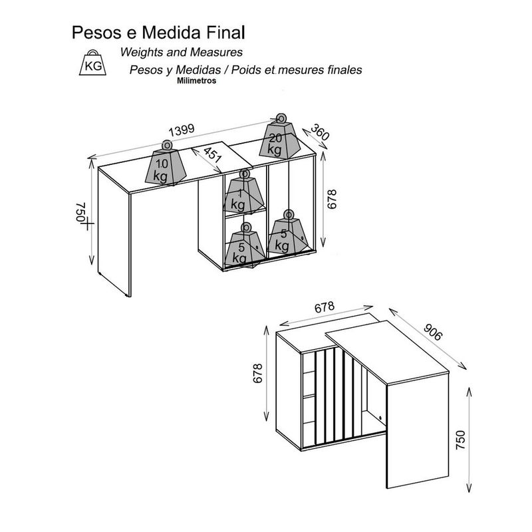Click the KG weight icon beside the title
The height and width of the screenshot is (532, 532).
pyautogui.click(x=92, y=63)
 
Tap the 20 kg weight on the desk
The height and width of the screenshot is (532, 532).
pyautogui.click(x=280, y=136)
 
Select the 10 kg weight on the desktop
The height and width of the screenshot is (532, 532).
pyautogui.click(x=166, y=164)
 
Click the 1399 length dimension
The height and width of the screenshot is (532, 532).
pyautogui.click(x=182, y=130)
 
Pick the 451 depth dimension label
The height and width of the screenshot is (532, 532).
pyautogui.click(x=212, y=154)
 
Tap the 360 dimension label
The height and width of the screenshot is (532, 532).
pyautogui.click(x=320, y=132)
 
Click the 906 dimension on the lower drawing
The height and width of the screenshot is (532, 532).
pyautogui.click(x=433, y=331)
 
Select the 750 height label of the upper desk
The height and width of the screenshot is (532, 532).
pyautogui.click(x=80, y=212)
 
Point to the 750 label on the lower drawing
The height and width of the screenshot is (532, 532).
pyautogui.click(x=460, y=440)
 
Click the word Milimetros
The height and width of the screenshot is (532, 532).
pyautogui.click(x=196, y=80)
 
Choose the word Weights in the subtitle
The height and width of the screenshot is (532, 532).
pyautogui.click(x=142, y=53)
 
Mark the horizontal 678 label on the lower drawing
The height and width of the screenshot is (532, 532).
pyautogui.click(x=325, y=307)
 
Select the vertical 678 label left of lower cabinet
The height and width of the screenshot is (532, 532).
pyautogui.click(x=258, y=373)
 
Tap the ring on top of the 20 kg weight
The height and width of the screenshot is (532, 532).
pyautogui.click(x=281, y=119)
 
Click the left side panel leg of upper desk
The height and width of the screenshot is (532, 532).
pyautogui.click(x=114, y=231)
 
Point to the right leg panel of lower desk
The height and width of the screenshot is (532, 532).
pyautogui.click(x=418, y=430)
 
